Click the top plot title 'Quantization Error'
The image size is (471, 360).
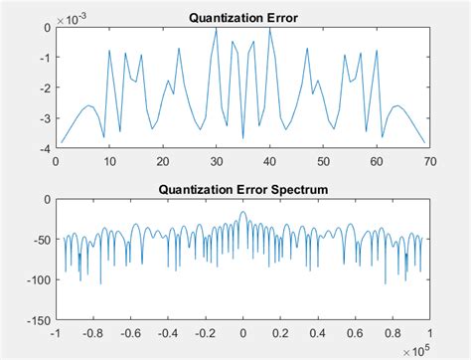point(242,15)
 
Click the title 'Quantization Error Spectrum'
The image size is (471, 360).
point(242,188)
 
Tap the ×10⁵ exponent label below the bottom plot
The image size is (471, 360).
point(416,349)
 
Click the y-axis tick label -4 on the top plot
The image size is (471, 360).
point(43,149)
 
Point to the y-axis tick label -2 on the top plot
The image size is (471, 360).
point(43,89)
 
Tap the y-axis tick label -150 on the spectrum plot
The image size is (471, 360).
point(37,321)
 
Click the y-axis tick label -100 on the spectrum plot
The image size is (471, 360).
point(37,280)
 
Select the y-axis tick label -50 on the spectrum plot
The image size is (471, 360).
point(40,240)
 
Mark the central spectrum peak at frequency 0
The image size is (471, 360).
point(242,214)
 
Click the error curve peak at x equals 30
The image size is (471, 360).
point(216,29)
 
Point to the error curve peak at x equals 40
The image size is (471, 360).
point(269,29)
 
